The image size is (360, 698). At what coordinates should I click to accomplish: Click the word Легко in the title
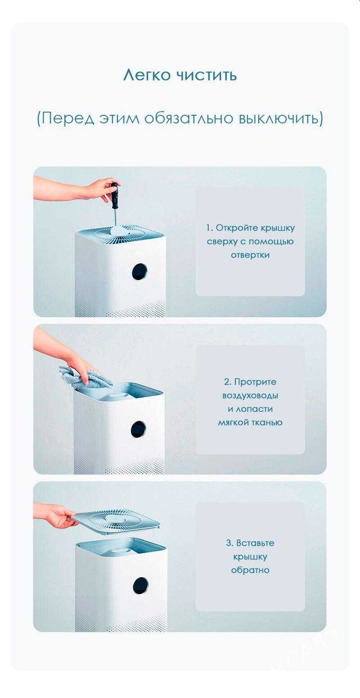point(147,75)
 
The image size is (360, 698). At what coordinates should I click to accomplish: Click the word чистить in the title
point(207,75)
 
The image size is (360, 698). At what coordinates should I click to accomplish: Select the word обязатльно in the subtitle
point(189,119)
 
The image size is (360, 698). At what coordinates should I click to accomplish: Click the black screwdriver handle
point(115,196)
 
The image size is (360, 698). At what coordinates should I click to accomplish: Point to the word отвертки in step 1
point(250,255)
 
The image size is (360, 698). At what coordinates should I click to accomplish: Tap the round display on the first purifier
point(139,272)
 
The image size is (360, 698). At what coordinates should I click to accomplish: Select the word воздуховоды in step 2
point(250,396)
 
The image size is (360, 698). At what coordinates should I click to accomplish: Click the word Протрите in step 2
point(255,382)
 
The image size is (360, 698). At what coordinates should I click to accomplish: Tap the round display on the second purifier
point(139,430)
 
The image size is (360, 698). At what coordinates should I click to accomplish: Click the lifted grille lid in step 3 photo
point(115,521)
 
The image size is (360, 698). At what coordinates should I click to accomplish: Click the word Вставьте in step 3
point(255,543)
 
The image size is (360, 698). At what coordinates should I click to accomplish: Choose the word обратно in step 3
point(250,570)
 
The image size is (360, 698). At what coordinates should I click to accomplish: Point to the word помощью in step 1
point(271,242)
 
